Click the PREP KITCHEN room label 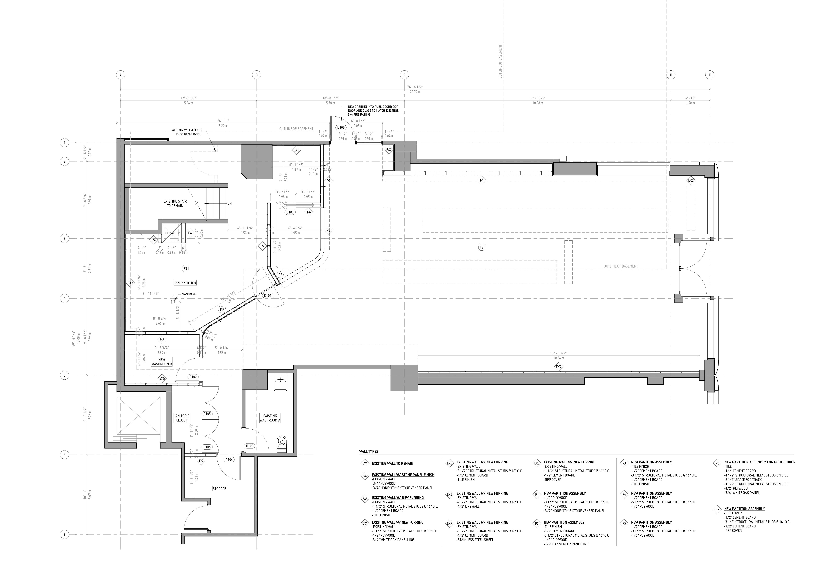point(185,283)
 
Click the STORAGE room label point(220,488)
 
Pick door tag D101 point(268,295)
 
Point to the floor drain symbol point(173,302)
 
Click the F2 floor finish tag point(481,247)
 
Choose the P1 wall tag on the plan point(481,180)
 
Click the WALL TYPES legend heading point(368,452)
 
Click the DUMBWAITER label point(172,233)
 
